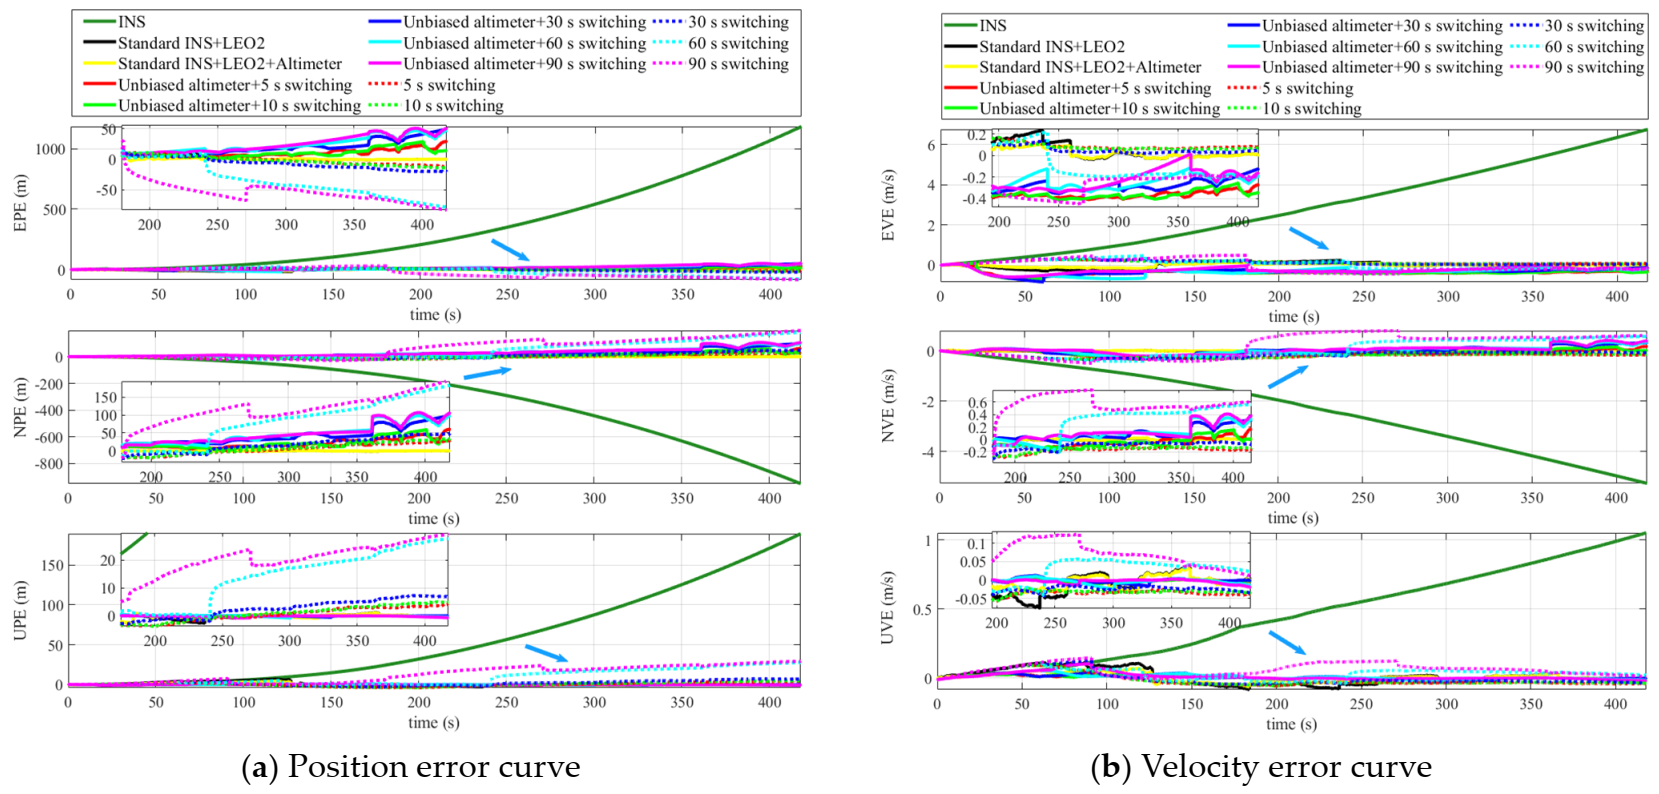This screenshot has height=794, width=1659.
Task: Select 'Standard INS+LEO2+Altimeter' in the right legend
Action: tap(1090, 67)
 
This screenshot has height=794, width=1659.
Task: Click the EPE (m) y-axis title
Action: tap(20, 203)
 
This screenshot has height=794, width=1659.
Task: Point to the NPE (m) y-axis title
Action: tap(20, 407)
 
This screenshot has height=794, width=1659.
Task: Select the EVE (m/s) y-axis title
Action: tap(888, 205)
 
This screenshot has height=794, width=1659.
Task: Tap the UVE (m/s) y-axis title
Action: tap(888, 608)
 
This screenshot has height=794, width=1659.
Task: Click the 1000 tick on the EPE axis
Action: tap(50, 149)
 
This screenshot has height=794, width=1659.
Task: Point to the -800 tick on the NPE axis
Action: tap(48, 464)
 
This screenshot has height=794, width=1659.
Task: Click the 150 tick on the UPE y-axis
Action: tap(52, 565)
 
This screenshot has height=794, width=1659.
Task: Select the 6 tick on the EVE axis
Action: tap(931, 145)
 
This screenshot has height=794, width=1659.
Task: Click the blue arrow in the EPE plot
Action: tap(510, 250)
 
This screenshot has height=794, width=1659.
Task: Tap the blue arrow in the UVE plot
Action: tap(1288, 642)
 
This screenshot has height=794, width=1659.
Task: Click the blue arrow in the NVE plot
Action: tap(1288, 377)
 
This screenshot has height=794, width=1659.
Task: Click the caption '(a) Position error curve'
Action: tap(411, 767)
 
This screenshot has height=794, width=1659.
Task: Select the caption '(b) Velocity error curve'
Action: tap(1261, 767)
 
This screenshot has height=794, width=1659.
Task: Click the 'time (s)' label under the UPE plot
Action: tap(434, 722)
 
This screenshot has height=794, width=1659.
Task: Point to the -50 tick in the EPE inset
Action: tap(105, 190)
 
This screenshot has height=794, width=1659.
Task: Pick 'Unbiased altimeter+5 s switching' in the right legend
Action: tap(1095, 88)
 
